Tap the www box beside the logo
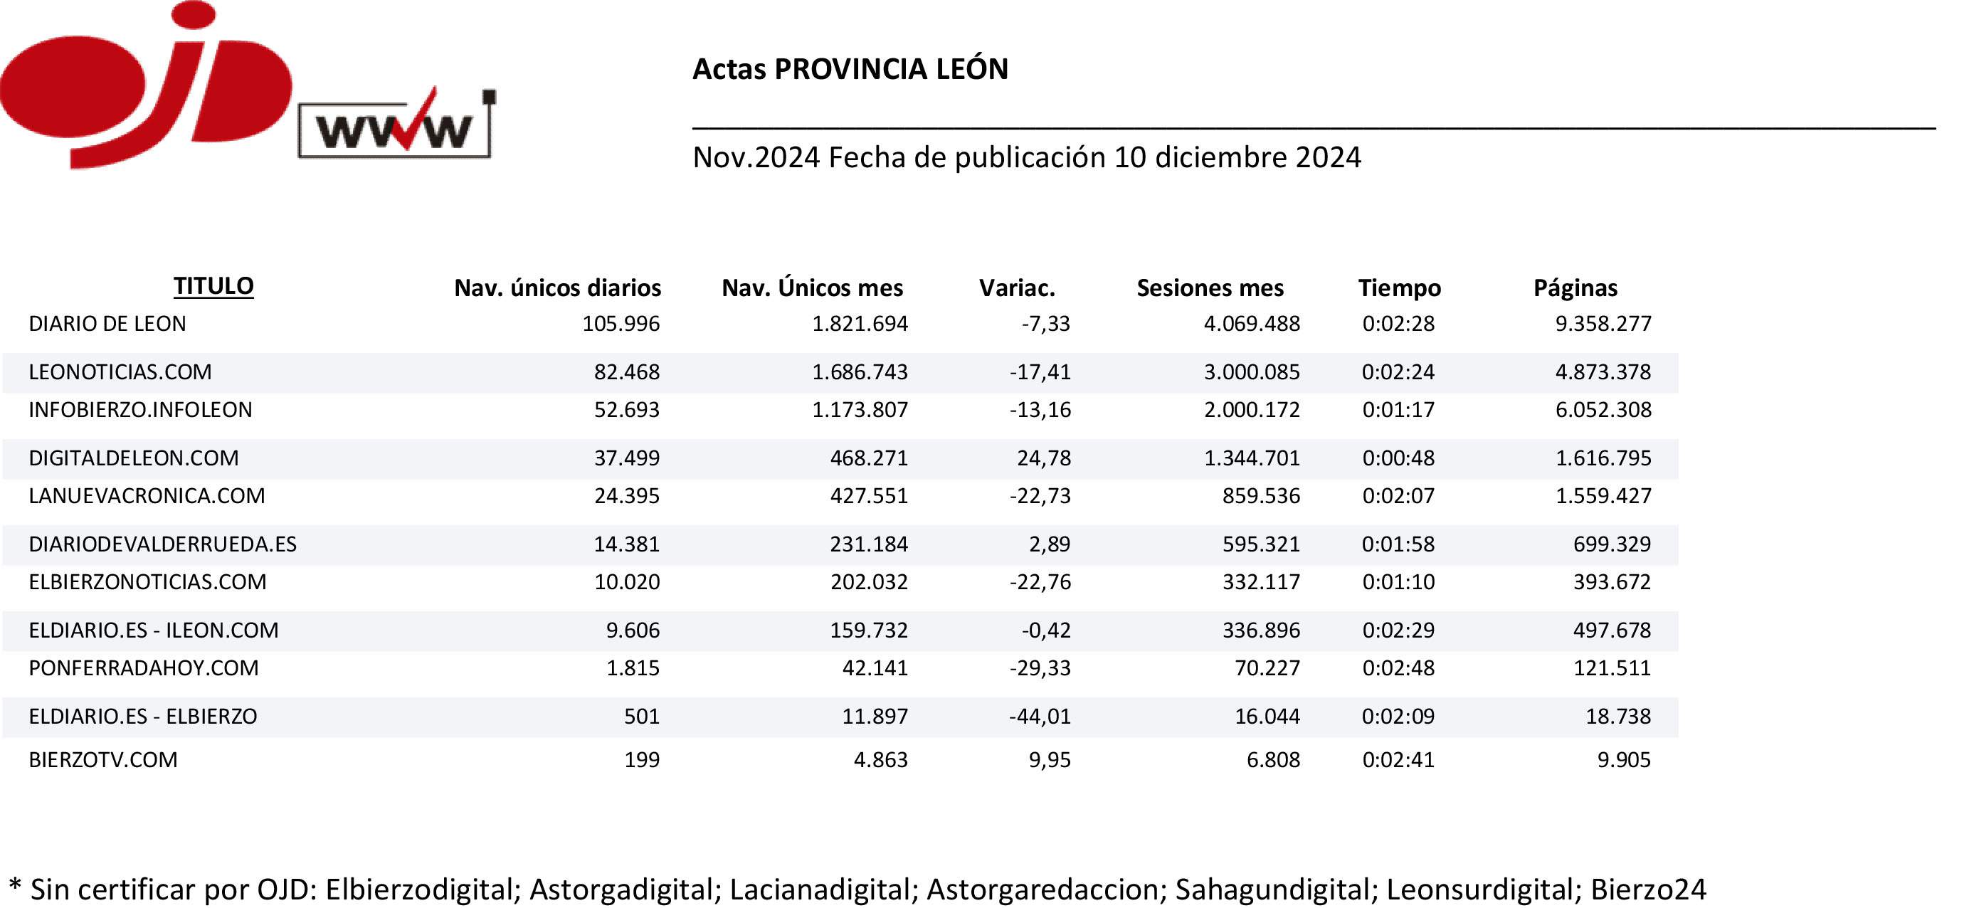tap(394, 130)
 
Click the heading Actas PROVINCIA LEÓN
tap(850, 69)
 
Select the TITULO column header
tap(213, 286)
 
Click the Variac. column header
tap(1017, 288)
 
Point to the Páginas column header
tap(1575, 288)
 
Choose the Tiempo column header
tap(1399, 288)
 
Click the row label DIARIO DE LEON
tap(107, 324)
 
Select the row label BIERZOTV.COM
tap(103, 760)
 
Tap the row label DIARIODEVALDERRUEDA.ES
tap(162, 544)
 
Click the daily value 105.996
tap(621, 324)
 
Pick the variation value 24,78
tap(1043, 458)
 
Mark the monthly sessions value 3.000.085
tap(1251, 372)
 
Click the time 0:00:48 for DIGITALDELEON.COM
tap(1398, 458)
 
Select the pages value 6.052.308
tap(1603, 411)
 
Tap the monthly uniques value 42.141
tap(875, 669)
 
